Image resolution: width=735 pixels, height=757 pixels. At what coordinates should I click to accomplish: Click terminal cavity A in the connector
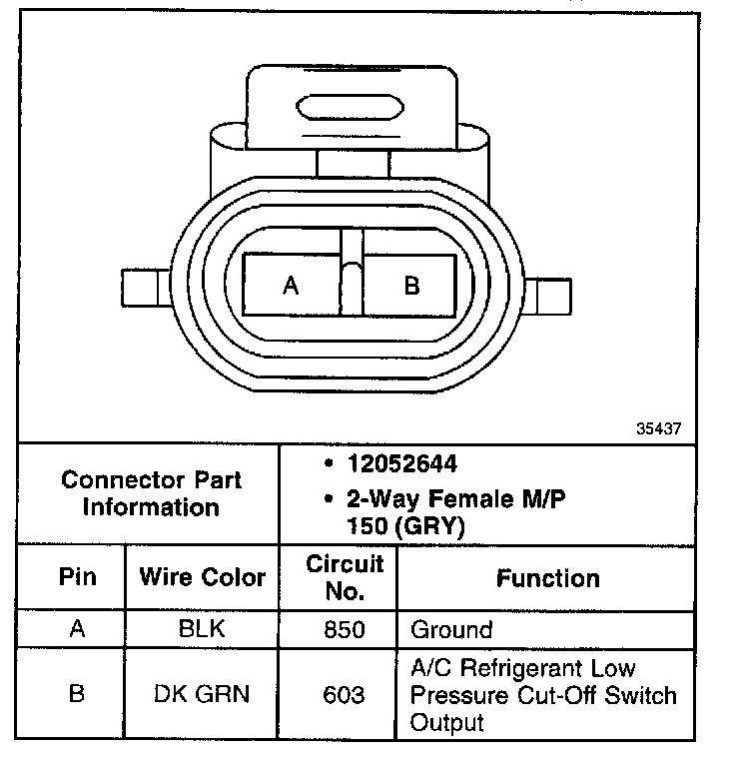coord(291,287)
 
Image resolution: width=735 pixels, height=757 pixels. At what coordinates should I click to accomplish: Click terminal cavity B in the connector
coord(410,287)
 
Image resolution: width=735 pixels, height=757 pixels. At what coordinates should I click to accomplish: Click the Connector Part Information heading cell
coord(151,493)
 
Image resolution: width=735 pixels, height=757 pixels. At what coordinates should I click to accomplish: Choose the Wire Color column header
coord(203,577)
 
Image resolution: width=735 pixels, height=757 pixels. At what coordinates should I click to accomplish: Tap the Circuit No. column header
coord(345,577)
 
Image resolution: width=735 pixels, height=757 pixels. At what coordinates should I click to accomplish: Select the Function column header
coord(549,578)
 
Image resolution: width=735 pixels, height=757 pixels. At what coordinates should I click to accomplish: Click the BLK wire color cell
coord(203,630)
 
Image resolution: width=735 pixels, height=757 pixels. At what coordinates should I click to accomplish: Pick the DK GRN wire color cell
coord(203,694)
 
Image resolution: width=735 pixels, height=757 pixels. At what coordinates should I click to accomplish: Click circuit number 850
coord(345,630)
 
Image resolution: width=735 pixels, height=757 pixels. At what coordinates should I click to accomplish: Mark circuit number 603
coord(345,694)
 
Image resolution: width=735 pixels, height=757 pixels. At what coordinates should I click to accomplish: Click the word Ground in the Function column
coord(451,630)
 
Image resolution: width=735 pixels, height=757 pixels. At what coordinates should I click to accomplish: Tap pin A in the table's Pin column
coord(76,630)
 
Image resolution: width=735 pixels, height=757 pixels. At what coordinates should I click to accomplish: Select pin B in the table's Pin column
coord(76,694)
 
